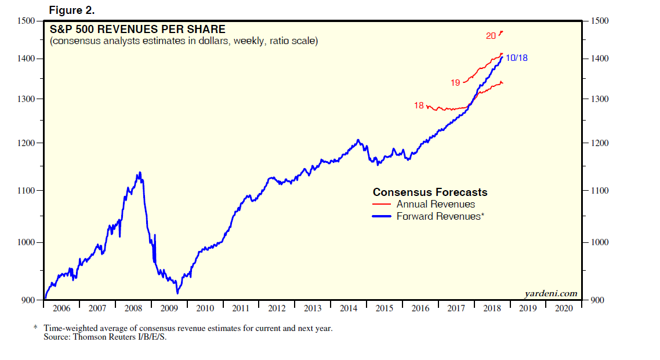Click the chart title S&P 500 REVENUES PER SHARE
point(137,30)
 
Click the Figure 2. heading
point(71,10)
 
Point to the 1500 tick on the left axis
point(27,21)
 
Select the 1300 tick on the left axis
point(27,99)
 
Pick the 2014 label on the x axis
point(349,308)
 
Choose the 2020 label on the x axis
point(564,308)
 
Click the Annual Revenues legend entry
point(436,204)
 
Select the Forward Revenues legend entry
point(438,217)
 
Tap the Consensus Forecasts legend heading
point(430,192)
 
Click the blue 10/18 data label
point(516,58)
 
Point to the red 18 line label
point(419,106)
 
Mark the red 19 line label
point(455,83)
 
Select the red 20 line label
point(491,36)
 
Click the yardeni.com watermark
point(551,293)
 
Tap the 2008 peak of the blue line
point(139,172)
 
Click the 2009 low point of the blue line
point(177,293)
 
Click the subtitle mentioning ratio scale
point(183,42)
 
